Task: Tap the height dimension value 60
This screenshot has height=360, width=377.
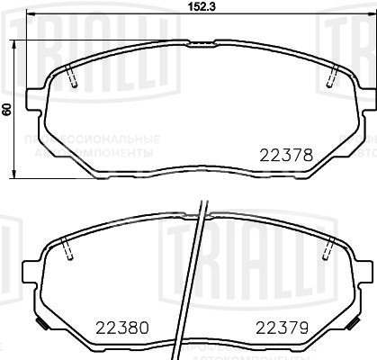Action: click(x=6, y=109)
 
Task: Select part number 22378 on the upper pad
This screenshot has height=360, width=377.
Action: click(x=285, y=154)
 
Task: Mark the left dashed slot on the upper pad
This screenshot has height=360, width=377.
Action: click(x=73, y=77)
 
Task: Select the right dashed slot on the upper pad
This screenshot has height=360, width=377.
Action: click(x=331, y=77)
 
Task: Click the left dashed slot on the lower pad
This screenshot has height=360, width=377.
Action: click(x=69, y=249)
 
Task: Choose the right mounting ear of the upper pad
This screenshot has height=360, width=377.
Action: click(x=363, y=97)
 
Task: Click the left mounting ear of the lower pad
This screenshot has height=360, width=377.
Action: click(x=34, y=270)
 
